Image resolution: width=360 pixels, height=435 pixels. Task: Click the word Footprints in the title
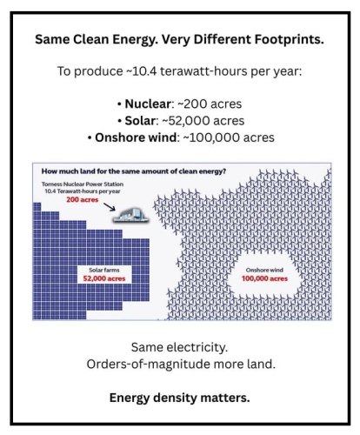click(282, 39)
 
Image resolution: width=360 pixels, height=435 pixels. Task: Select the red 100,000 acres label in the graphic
click(272, 280)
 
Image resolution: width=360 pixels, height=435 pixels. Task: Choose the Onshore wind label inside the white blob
click(272, 271)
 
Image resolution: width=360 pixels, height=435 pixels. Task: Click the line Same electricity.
click(180, 348)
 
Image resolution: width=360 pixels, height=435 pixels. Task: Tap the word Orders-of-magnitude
click(154, 365)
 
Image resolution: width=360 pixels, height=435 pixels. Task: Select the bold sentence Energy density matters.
click(180, 397)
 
